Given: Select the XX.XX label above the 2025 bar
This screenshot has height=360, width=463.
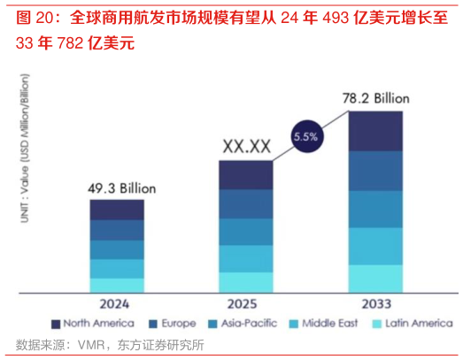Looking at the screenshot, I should (x=246, y=145).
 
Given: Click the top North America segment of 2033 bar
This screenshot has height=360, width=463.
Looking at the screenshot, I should (x=375, y=131).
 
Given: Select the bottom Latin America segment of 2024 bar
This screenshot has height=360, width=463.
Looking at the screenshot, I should (x=116, y=284).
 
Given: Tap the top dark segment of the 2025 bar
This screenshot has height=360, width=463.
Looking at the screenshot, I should (x=246, y=175).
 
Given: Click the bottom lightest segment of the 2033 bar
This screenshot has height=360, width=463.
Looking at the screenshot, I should (x=375, y=278).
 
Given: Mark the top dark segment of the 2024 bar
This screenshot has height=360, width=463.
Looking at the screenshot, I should (x=116, y=210).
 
